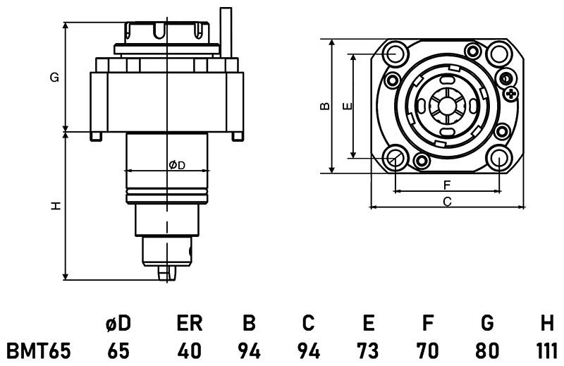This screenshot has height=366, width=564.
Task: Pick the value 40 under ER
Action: pyautogui.click(x=190, y=350)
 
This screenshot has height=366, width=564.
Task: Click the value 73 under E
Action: pyautogui.click(x=367, y=350)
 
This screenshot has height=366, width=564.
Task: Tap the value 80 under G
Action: pyautogui.click(x=486, y=350)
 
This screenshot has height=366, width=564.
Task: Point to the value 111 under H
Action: pyautogui.click(x=545, y=350)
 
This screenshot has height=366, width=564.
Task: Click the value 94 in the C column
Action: pyautogui.click(x=308, y=350)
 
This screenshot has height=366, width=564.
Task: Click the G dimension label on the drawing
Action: pyautogui.click(x=54, y=78)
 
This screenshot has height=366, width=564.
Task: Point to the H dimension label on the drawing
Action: pyautogui.click(x=54, y=206)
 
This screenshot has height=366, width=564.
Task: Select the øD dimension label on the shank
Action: pyautogui.click(x=176, y=165)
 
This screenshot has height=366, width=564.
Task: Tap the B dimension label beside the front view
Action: pyautogui.click(x=323, y=106)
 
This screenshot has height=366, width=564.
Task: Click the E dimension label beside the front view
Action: pyautogui.click(x=345, y=106)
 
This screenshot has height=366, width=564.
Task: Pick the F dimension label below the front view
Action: pyautogui.click(x=447, y=185)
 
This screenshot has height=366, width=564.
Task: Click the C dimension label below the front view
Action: pyautogui.click(x=447, y=202)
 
